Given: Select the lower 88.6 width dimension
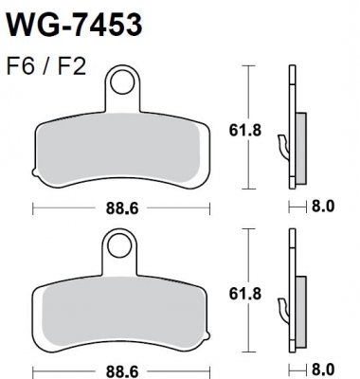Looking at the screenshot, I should point(118,366).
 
